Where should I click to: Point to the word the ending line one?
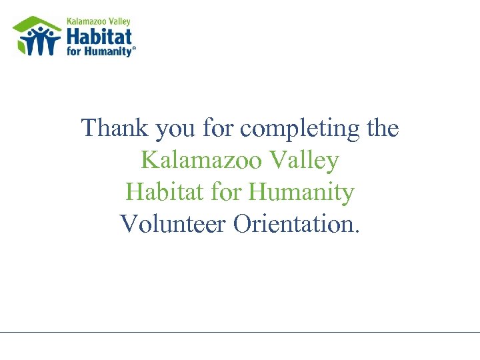pyautogui.click(x=383, y=127)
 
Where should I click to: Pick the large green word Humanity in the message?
pyautogui.click(x=301, y=193)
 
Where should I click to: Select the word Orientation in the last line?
pyautogui.click(x=294, y=224)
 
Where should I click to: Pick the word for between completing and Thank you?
pyautogui.click(x=219, y=127)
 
